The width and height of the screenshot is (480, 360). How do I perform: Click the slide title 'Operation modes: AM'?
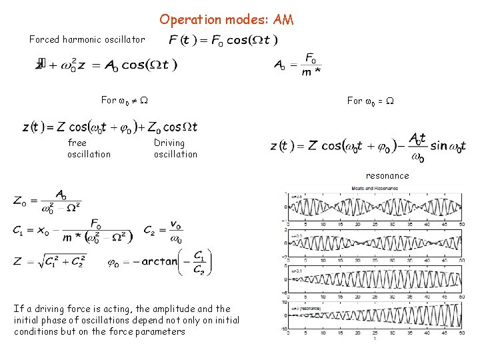(x=226, y=20)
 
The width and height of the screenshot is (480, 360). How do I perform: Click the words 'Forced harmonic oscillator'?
(x=87, y=39)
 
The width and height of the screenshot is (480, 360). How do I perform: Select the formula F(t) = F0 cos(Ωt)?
(x=223, y=40)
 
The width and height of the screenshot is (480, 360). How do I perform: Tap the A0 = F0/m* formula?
(x=297, y=65)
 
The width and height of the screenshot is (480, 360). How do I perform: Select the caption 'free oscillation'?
(x=89, y=148)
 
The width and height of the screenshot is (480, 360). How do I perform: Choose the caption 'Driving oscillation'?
(x=175, y=148)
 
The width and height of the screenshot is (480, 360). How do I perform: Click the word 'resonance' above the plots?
(x=387, y=176)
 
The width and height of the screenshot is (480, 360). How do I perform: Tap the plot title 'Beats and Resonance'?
(x=372, y=189)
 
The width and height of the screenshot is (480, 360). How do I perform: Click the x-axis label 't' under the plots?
(x=374, y=339)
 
